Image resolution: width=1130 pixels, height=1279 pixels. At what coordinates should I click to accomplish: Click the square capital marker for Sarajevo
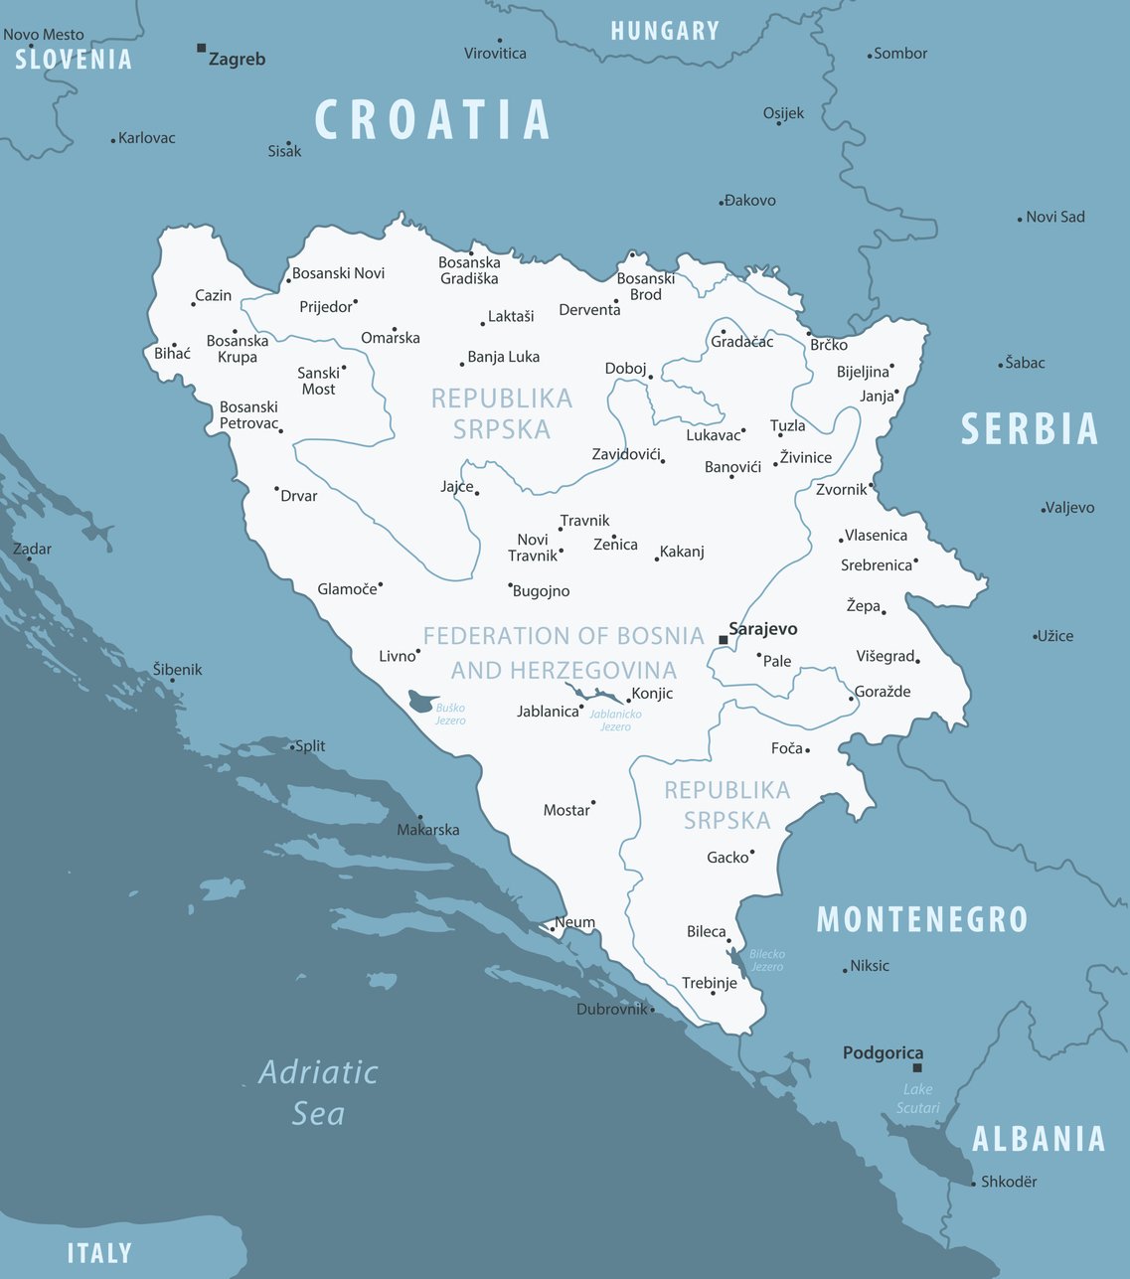pos(723,641)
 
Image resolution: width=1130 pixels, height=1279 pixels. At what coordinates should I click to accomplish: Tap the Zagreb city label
pos(237,60)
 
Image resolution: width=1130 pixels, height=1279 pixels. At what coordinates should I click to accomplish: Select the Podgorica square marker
pos(917,1068)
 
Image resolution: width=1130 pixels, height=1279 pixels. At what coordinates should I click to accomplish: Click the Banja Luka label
pos(503,357)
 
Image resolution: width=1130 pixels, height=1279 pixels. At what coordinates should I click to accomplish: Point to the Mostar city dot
pos(593,803)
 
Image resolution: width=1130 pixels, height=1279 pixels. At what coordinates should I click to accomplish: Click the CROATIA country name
pos(432,120)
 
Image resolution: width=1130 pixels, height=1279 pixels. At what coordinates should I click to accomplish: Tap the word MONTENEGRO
pos(921,920)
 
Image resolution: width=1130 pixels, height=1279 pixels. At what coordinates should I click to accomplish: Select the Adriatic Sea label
pos(318,1092)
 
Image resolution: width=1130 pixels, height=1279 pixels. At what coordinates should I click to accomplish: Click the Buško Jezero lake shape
pos(423,701)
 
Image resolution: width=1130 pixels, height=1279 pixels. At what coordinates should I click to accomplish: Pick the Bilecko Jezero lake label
pos(766,960)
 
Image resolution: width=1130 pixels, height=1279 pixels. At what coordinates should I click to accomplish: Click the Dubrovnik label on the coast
pos(612,1009)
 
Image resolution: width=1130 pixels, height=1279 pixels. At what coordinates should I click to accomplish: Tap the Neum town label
pos(574,922)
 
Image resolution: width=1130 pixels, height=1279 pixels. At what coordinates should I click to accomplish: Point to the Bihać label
pos(172,354)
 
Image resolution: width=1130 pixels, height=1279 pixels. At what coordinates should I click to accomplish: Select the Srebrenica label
pos(876,565)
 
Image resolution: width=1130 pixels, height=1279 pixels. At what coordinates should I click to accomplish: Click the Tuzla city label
pos(787,425)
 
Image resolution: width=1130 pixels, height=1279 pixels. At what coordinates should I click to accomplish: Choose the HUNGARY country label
pos(665,31)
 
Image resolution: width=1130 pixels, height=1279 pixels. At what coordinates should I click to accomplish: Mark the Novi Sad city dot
pos(1020,219)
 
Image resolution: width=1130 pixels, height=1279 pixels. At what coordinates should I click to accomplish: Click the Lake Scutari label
pos(917,1098)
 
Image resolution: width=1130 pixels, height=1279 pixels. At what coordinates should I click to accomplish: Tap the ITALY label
pos(99,1253)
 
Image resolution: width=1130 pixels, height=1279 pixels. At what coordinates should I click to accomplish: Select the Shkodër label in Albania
pos(1009,1182)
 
